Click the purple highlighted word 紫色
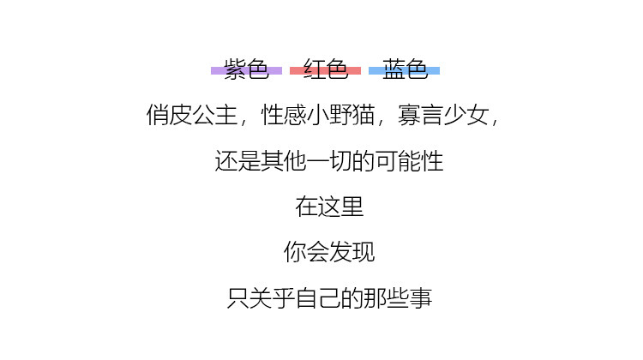(x=246, y=70)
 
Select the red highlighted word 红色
(x=325, y=70)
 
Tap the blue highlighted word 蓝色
(x=405, y=70)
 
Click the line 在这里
(x=329, y=207)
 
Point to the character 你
(x=295, y=252)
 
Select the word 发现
(x=352, y=252)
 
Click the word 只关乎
(x=261, y=297)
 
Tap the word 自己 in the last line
(x=317, y=297)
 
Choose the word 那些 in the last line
(x=387, y=297)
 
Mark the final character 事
(x=422, y=297)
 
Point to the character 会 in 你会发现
(x=318, y=252)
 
